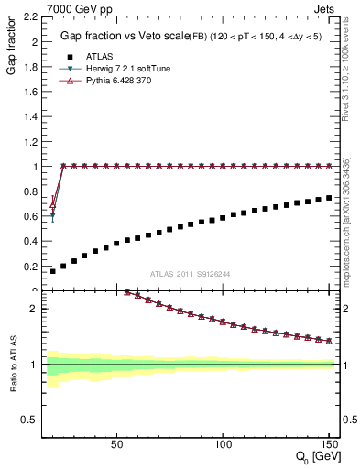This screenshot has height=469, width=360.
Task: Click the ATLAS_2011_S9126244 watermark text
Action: (191, 273)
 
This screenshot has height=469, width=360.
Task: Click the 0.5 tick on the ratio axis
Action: (29, 420)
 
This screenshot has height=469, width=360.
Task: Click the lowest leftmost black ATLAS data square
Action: (52, 271)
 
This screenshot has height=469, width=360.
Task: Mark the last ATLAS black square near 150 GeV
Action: (329, 197)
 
